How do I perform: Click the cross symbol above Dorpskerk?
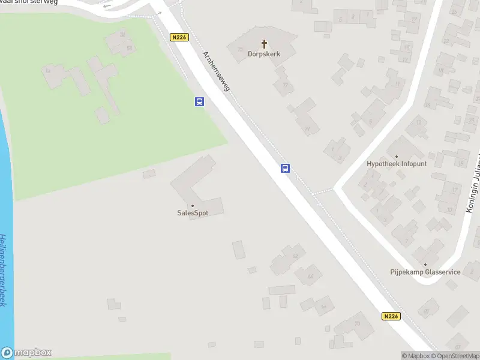(x=264, y=44)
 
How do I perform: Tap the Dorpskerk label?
(x=264, y=53)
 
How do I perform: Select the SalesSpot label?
(x=193, y=213)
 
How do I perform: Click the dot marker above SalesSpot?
(x=193, y=206)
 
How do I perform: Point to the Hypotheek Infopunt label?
(x=397, y=164)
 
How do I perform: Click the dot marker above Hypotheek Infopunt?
(x=397, y=156)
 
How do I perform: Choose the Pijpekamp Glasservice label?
(x=425, y=272)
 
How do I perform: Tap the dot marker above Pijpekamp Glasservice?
(x=425, y=265)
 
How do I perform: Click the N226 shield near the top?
(x=179, y=37)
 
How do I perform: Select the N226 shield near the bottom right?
(x=391, y=316)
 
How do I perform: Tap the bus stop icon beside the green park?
(x=199, y=102)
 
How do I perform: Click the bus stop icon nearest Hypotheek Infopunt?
(x=286, y=169)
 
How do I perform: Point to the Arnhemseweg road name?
(x=215, y=71)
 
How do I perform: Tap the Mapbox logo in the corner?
(x=26, y=353)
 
